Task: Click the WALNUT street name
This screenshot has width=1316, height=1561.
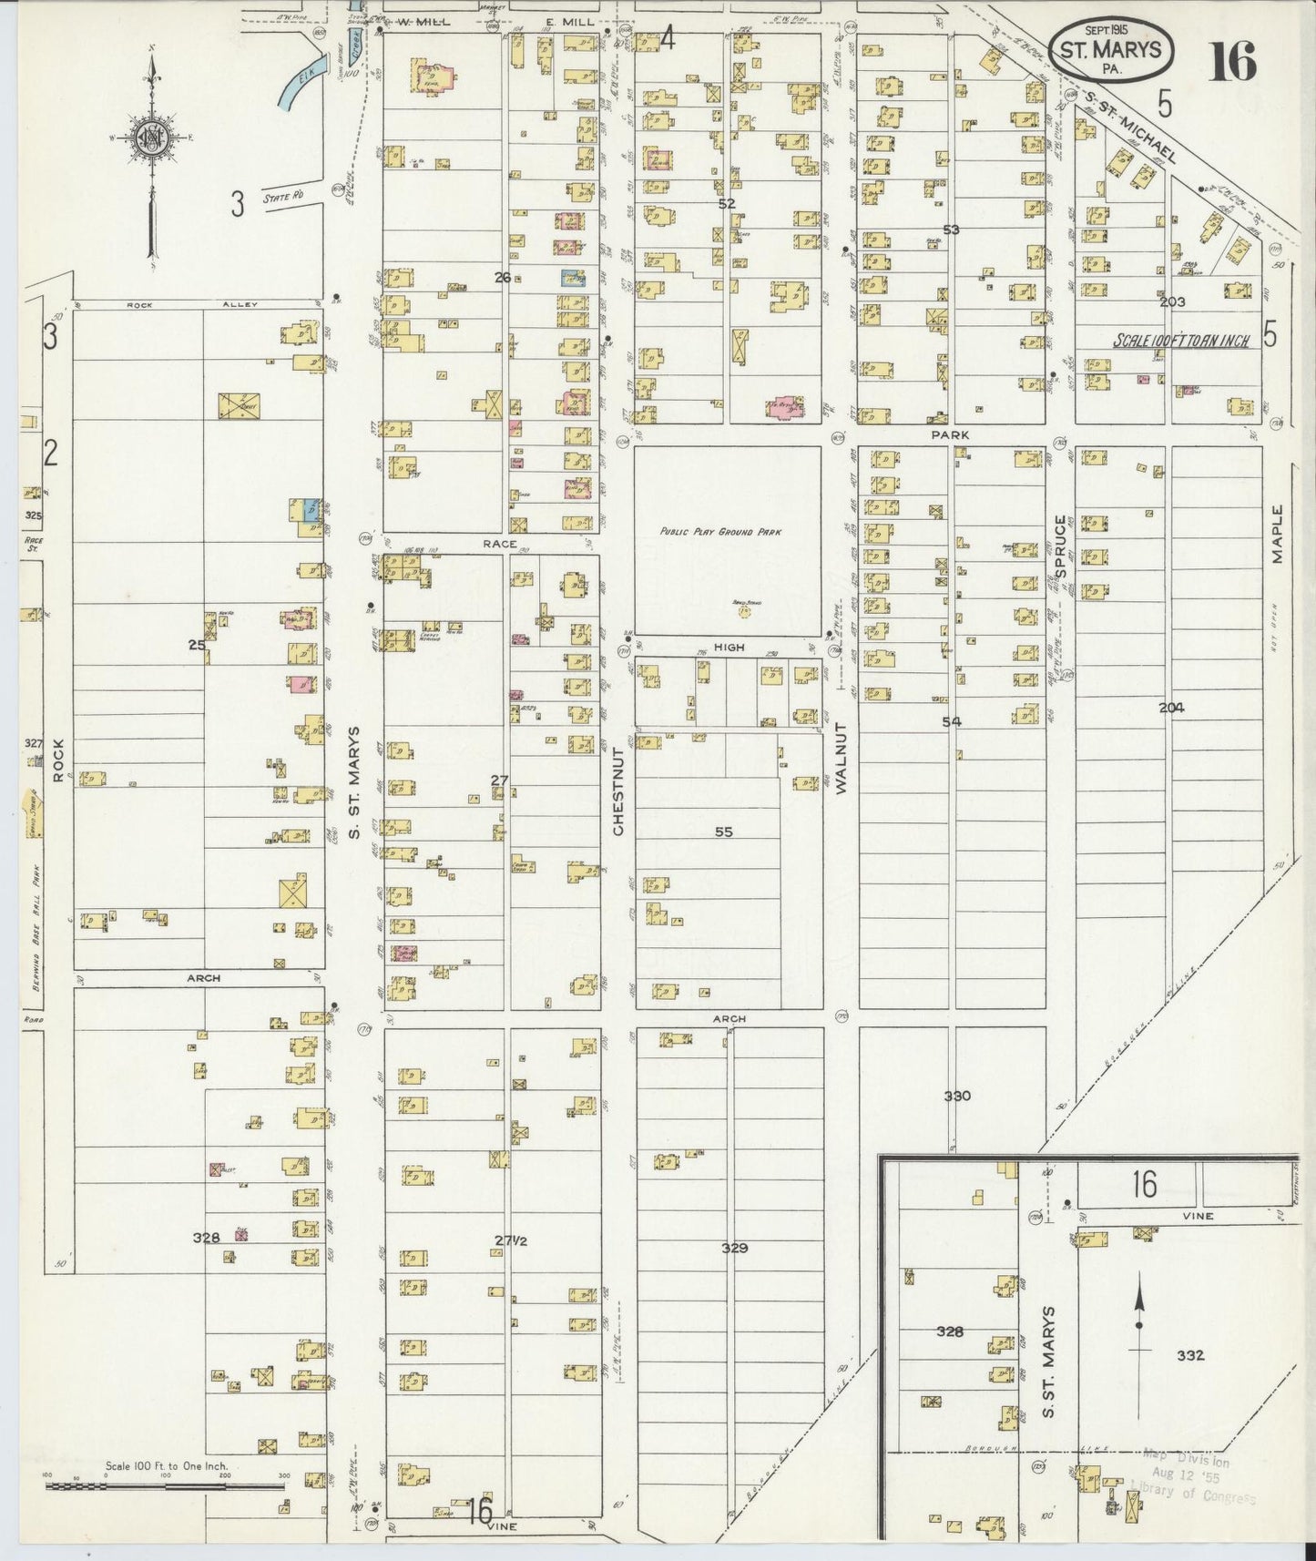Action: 841,759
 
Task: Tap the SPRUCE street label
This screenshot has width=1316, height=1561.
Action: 1060,546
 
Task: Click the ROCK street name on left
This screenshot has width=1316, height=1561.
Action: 59,760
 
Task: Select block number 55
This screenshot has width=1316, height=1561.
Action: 723,832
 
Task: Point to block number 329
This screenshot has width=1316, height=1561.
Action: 734,1247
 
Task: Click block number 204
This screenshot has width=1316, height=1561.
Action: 1171,707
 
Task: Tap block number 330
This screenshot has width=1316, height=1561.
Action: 956,1096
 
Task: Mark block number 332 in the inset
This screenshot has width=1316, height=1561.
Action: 1189,1354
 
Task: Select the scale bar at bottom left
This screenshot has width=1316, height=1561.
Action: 166,1487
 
